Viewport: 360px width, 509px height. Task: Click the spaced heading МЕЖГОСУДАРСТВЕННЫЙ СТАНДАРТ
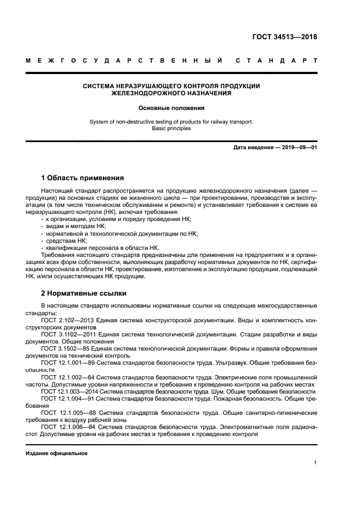click(171, 60)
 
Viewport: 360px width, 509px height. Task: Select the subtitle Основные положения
click(171, 108)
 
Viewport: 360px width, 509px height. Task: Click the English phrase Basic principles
click(171, 129)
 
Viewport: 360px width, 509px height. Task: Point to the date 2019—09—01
click(298, 148)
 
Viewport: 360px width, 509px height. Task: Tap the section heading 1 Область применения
click(82, 177)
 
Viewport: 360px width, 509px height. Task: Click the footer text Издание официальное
click(57, 453)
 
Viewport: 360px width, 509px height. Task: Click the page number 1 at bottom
click(315, 463)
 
